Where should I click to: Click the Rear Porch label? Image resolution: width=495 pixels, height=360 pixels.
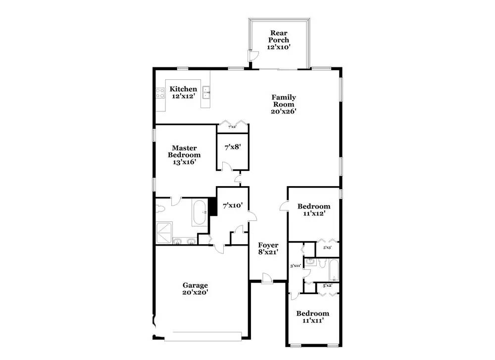(x=279, y=40)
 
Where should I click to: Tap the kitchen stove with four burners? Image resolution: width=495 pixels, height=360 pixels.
(x=160, y=94)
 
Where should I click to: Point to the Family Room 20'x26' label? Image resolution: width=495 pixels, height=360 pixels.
(x=283, y=104)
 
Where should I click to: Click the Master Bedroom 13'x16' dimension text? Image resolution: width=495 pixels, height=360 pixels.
(x=186, y=162)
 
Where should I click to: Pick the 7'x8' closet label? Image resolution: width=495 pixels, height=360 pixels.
(x=233, y=148)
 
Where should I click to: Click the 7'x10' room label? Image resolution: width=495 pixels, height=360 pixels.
(x=232, y=205)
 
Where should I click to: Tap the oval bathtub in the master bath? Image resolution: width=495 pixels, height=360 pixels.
(x=200, y=212)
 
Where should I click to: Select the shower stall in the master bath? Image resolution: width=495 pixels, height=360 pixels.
(x=164, y=232)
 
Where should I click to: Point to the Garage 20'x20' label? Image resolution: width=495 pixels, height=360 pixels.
(x=195, y=289)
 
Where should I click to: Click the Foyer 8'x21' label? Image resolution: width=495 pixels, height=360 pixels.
(x=268, y=249)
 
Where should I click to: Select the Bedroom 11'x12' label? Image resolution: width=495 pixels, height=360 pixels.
(x=313, y=210)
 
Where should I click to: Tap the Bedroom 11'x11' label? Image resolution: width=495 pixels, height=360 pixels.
(x=312, y=317)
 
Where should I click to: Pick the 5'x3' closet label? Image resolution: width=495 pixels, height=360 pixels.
(x=327, y=248)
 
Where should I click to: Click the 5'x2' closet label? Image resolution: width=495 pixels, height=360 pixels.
(x=327, y=286)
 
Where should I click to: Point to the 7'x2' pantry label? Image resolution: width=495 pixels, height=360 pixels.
(x=232, y=127)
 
